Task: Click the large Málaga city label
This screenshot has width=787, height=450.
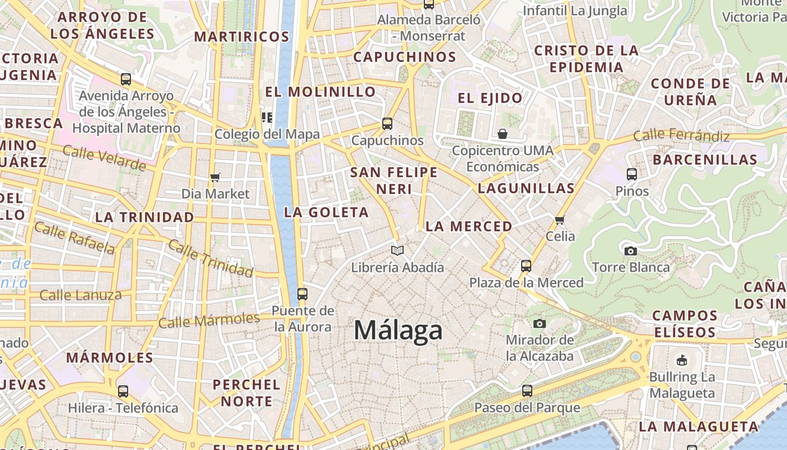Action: click(398, 330)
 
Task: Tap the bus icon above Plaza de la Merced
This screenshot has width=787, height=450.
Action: click(526, 265)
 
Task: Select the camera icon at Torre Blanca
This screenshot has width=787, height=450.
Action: click(631, 251)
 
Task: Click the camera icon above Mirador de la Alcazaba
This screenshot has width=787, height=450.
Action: click(540, 323)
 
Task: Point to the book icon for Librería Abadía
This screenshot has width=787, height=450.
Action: click(397, 250)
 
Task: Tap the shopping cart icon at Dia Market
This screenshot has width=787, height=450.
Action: click(215, 178)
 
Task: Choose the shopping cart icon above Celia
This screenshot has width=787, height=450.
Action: click(559, 220)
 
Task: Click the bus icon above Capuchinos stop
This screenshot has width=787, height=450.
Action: click(387, 124)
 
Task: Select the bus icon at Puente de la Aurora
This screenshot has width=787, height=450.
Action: click(302, 294)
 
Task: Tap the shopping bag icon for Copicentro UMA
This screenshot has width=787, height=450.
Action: click(503, 134)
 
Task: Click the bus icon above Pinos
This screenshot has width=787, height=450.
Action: click(632, 174)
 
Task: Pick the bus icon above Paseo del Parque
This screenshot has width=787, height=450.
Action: click(527, 390)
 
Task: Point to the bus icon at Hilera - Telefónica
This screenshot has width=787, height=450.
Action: click(123, 391)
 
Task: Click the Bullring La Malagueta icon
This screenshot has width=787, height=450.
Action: click(682, 360)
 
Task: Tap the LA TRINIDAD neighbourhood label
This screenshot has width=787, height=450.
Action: click(144, 217)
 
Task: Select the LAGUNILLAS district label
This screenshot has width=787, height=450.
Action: click(526, 188)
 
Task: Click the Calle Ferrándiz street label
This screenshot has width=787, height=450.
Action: click(681, 136)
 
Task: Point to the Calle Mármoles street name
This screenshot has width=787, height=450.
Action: click(209, 321)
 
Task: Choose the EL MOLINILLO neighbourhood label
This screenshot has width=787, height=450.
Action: click(320, 92)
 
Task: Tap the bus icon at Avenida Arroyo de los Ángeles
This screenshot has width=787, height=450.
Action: click(126, 79)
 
